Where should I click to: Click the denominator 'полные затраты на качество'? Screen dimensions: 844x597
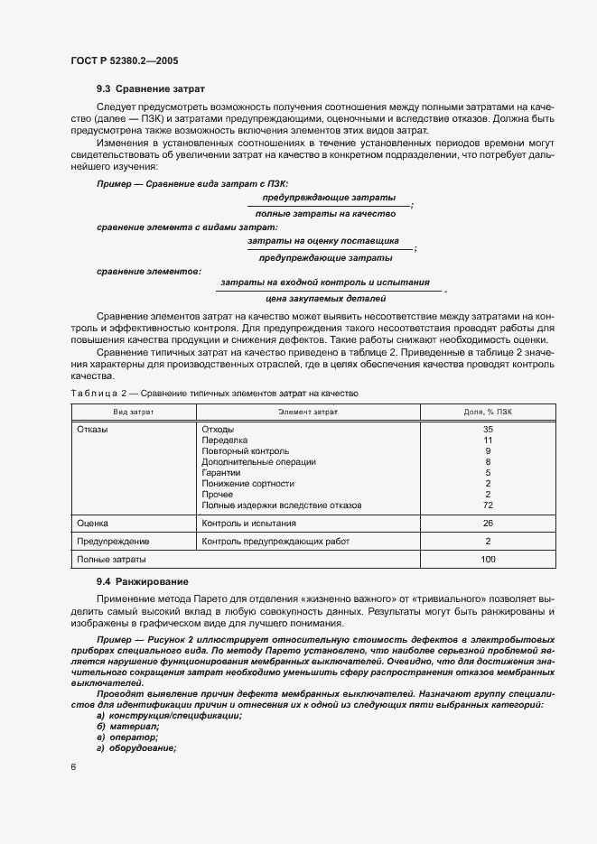pos(326,213)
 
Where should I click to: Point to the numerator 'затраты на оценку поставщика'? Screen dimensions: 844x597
pos(329,241)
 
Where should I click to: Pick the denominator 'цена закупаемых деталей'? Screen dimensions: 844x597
pos(326,298)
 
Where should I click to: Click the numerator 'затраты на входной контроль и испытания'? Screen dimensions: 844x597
pos(325,282)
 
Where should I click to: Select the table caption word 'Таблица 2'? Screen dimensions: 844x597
pos(102,394)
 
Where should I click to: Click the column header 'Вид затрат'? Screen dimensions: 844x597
pos(133,412)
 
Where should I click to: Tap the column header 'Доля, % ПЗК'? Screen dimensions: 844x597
pos(488,412)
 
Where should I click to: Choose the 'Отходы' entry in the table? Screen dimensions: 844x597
pos(218,429)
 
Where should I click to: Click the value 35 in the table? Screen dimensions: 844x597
pos(488,429)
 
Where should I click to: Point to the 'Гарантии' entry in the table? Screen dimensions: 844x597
pos(220,472)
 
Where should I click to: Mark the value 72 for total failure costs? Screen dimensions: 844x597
pos(488,505)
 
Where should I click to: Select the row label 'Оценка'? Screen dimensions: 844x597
pos(93,523)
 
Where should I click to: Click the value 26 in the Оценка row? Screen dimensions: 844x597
pos(488,523)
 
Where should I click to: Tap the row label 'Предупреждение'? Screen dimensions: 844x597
pos(113,542)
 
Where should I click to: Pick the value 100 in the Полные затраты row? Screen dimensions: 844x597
pos(488,561)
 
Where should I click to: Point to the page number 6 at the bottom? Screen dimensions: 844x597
pos(72,767)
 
